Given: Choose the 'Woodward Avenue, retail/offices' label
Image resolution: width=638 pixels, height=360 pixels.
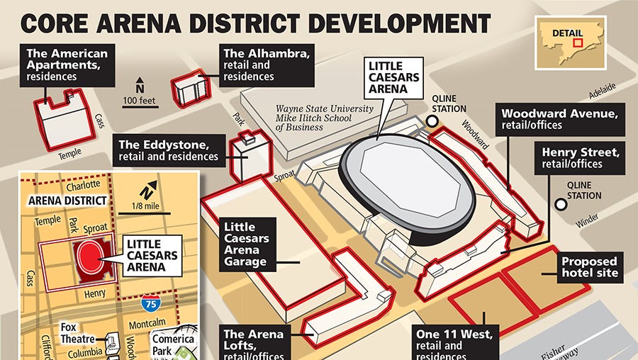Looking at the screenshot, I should (561, 119).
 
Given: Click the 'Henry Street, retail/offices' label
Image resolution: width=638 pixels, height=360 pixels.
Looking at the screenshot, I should (581, 157).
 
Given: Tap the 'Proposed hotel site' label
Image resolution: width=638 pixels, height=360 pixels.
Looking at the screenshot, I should (590, 266).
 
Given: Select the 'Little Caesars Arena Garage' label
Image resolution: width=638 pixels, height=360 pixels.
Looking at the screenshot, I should (245, 244).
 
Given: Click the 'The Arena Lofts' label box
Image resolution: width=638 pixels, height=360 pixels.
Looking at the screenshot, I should (254, 343).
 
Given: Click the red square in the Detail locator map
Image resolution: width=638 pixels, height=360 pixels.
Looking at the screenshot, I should (578, 42).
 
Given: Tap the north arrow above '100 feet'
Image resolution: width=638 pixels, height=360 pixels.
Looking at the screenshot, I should (140, 83).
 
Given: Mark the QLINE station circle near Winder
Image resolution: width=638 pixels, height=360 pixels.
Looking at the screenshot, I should (561, 205).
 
